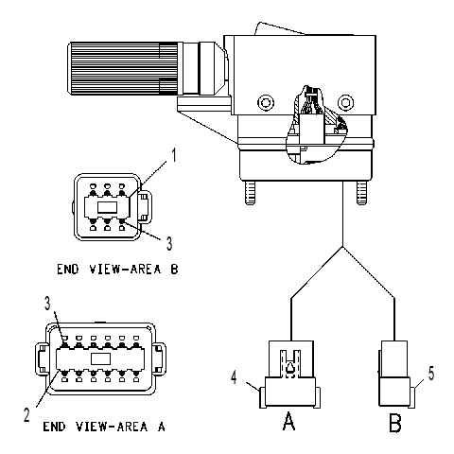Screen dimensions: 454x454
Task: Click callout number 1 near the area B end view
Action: [x=173, y=155]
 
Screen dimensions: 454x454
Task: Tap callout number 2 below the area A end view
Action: [x=27, y=414]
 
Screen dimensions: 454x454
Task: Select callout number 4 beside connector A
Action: [x=234, y=377]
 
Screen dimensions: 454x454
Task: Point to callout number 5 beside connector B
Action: [x=431, y=374]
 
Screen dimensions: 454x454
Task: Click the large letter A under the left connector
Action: [x=288, y=421]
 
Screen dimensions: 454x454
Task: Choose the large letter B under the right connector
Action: [x=395, y=423]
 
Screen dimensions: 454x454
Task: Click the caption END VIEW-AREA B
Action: [x=117, y=270]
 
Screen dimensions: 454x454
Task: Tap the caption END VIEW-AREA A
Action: [x=104, y=427]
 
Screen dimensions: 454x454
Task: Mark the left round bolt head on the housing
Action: [x=266, y=102]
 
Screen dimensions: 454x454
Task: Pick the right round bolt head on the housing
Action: [x=345, y=102]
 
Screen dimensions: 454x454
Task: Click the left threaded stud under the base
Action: [x=250, y=193]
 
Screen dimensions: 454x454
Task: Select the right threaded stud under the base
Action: [x=361, y=193]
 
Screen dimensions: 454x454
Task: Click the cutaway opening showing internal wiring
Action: [x=316, y=125]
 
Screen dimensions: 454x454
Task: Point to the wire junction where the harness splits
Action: [x=342, y=247]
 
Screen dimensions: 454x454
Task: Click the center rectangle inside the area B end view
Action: [x=107, y=207]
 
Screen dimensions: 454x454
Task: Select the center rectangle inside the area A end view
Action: [x=100, y=358]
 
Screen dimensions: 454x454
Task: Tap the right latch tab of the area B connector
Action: [x=146, y=207]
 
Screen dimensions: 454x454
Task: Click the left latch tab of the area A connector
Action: [x=42, y=358]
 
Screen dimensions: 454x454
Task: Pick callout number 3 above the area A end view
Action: [x=47, y=304]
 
